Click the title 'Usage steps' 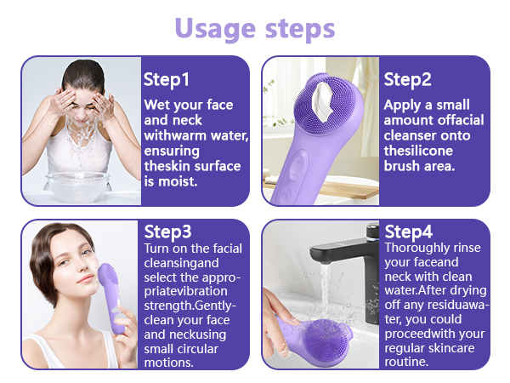pyautogui.click(x=255, y=27)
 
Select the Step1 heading pyautogui.click(x=167, y=80)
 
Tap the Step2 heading pyautogui.click(x=408, y=80)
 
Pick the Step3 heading pyautogui.click(x=167, y=232)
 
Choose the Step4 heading pyautogui.click(x=409, y=232)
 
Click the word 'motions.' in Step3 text pyautogui.click(x=169, y=362)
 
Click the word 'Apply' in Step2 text pyautogui.click(x=404, y=106)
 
